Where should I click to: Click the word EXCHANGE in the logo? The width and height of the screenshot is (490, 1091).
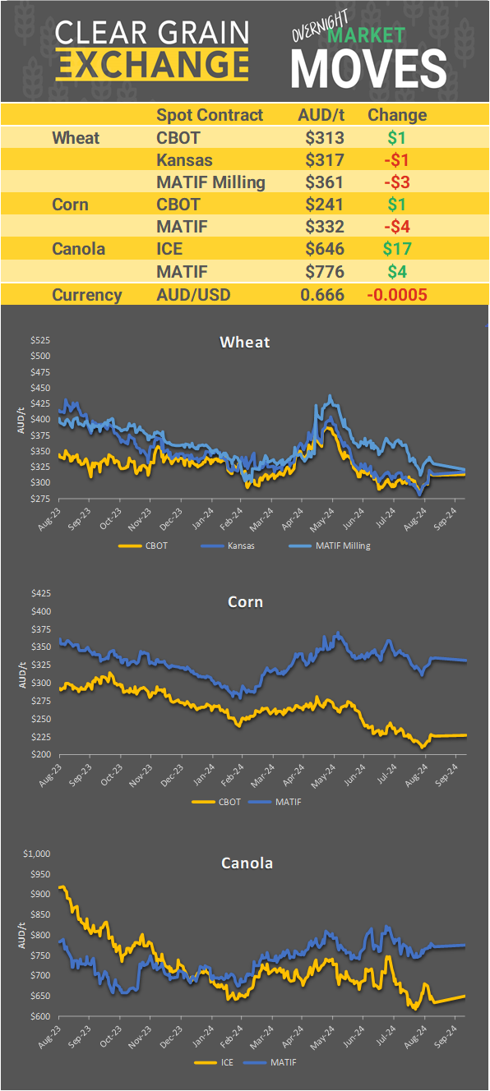click(x=151, y=64)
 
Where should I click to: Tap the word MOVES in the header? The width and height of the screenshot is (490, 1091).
click(x=369, y=67)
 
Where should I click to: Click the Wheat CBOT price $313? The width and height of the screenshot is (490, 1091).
click(x=321, y=137)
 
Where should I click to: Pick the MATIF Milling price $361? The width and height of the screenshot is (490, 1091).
click(x=321, y=182)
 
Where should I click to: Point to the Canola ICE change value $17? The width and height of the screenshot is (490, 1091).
click(x=396, y=248)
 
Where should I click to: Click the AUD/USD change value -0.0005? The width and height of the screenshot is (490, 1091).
click(x=396, y=295)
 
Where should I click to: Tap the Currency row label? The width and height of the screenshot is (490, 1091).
click(x=87, y=295)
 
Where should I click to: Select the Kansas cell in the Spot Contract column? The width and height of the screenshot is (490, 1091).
click(x=184, y=159)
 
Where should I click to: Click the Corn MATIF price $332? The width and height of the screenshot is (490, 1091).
click(x=321, y=226)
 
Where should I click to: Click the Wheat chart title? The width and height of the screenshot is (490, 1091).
click(x=245, y=342)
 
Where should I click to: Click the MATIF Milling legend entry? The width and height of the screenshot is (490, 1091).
click(x=330, y=545)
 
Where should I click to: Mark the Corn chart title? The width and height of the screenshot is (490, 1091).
click(x=245, y=602)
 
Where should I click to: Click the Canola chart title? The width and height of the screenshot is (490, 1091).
click(x=247, y=863)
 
